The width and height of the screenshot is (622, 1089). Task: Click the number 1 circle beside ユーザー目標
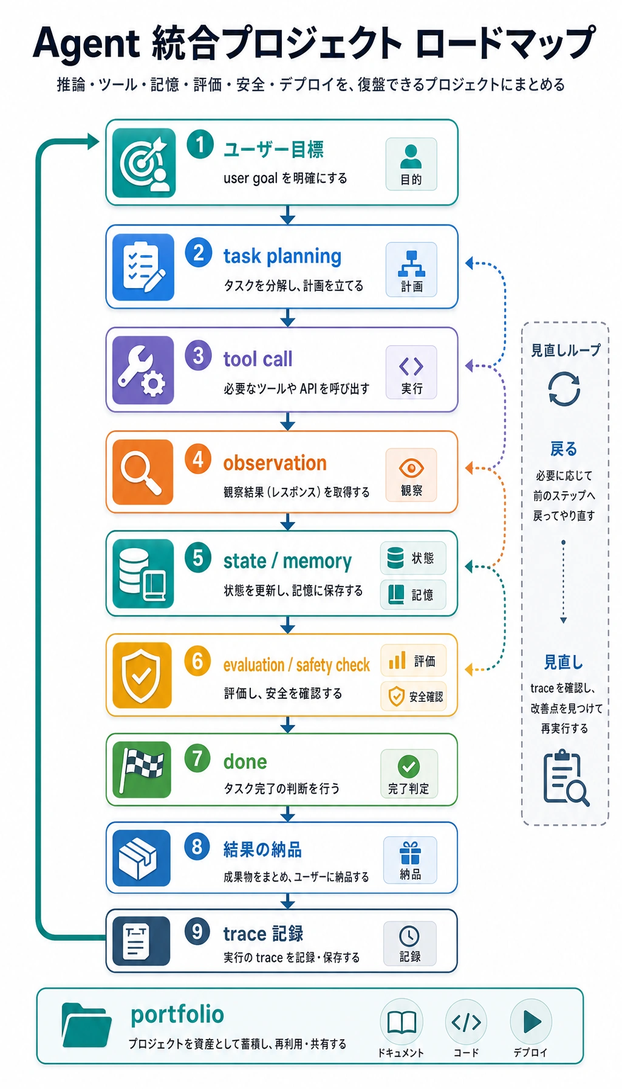pos(200,145)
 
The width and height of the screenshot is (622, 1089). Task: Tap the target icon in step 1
pos(144,162)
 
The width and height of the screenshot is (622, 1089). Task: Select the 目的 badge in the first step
pos(411,164)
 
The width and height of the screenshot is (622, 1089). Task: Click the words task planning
pos(282,256)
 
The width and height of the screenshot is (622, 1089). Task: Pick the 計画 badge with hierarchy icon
pos(411,269)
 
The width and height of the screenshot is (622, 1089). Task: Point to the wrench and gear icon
pos(143,370)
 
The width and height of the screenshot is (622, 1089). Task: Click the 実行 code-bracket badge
pos(411,372)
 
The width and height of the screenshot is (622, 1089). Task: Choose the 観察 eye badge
pos(411,475)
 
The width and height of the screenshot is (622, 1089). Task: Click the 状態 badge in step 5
pos(413,558)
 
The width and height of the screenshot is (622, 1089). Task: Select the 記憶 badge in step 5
pos(413,594)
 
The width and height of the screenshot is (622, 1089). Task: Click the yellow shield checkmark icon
pos(142,675)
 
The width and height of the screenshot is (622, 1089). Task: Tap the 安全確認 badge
pos(414,696)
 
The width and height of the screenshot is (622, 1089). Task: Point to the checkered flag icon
pos(142,769)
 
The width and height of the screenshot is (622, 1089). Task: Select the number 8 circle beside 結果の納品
pos(197,846)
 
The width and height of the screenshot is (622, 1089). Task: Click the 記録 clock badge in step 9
pos(409,943)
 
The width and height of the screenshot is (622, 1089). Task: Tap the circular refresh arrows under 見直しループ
pos(564,389)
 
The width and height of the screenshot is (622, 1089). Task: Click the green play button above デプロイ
pos(531,1021)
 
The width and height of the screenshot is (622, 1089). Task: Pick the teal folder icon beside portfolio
pos(86,1025)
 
